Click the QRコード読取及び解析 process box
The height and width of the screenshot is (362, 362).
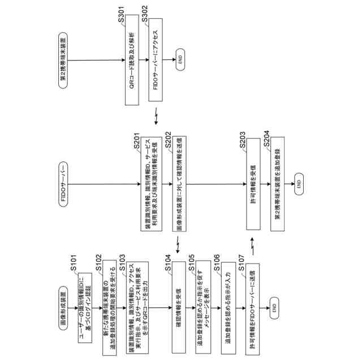[131, 58]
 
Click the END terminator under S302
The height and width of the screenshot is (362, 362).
[180, 58]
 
